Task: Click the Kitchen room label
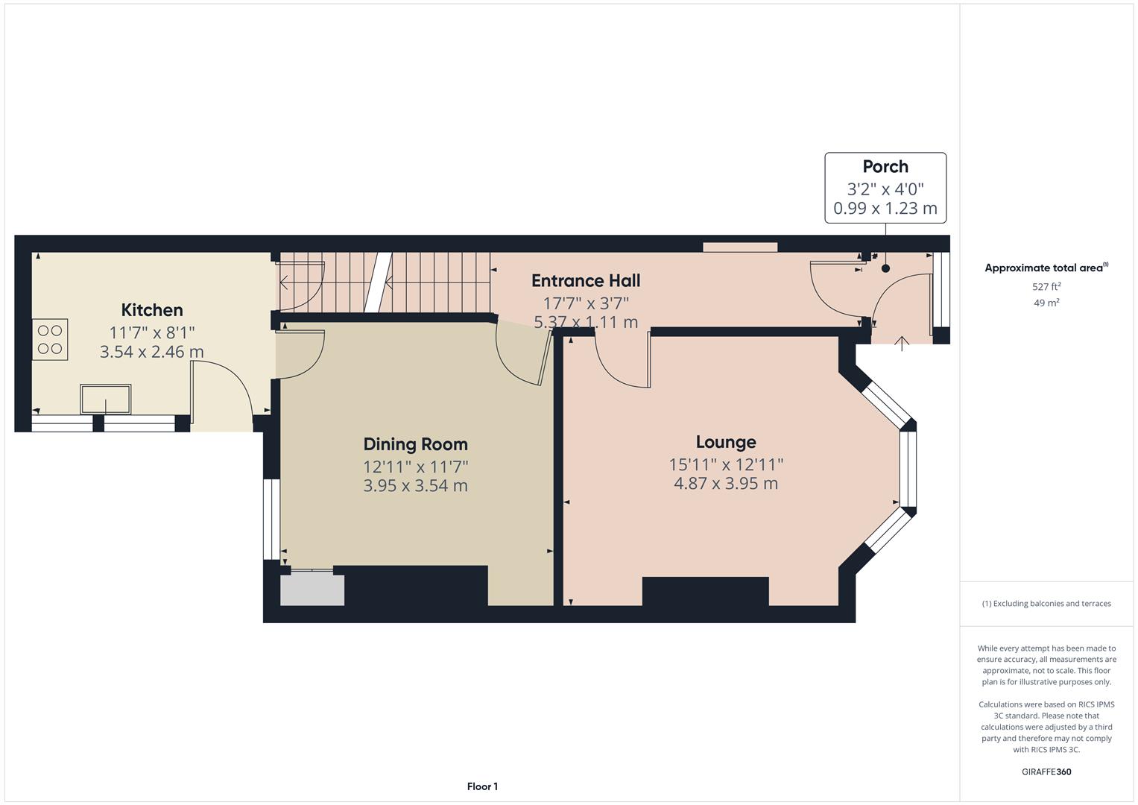(152, 310)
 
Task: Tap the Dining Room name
(415, 444)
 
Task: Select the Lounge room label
(726, 442)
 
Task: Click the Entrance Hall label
(586, 281)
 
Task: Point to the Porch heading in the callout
(885, 167)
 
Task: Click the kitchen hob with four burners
(49, 340)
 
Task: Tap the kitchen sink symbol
(106, 399)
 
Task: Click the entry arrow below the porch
(902, 343)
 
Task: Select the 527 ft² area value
(1046, 286)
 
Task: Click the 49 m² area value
(1046, 303)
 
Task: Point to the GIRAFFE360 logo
(1046, 771)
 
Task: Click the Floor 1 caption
(482, 786)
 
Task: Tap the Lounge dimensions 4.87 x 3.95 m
(726, 484)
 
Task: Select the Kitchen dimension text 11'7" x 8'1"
(152, 332)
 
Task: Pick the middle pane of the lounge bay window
(907, 470)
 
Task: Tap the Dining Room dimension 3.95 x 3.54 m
(415, 486)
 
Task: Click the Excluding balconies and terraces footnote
(1046, 604)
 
